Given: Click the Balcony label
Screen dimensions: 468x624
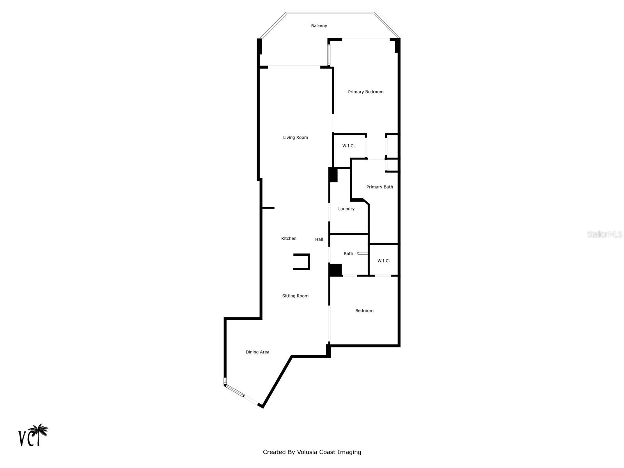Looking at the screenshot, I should click(319, 26).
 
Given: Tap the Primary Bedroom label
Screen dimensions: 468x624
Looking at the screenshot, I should click(365, 92).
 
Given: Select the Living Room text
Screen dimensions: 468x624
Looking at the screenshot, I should click(295, 138).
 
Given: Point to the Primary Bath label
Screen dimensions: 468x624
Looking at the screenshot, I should click(379, 187).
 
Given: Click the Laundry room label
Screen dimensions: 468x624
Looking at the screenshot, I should click(346, 209).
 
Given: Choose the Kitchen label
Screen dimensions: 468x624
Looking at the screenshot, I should click(289, 239).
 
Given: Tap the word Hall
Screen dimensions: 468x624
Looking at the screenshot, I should click(319, 239).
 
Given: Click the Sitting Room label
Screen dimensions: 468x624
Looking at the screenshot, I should click(295, 296).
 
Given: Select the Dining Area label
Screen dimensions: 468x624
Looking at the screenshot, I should click(257, 352).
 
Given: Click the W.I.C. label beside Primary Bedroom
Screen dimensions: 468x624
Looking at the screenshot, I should click(348, 146).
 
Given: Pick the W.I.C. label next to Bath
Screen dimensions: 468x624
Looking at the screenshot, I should click(383, 261).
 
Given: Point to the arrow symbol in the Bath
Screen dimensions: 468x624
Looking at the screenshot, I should click(362, 253).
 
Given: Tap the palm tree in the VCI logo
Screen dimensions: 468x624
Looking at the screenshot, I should click(39, 431).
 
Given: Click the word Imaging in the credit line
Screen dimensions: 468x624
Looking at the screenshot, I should click(350, 452).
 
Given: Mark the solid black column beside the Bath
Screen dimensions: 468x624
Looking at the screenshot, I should click(335, 270).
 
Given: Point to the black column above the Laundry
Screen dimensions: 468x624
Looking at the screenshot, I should click(333, 175).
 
